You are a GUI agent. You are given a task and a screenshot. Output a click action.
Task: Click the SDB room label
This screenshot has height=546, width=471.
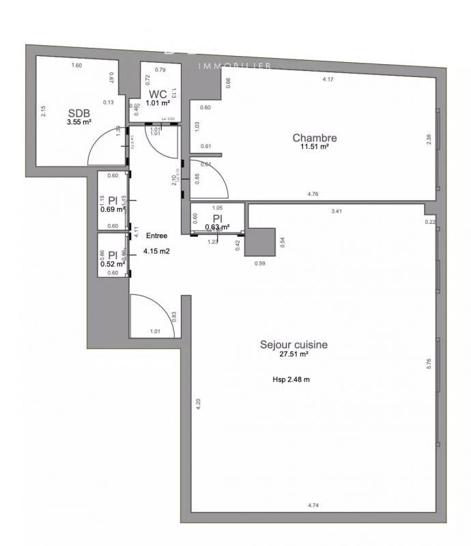pyautogui.click(x=78, y=113)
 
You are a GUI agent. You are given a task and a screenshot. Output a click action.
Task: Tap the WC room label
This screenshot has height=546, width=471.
pyautogui.click(x=158, y=94)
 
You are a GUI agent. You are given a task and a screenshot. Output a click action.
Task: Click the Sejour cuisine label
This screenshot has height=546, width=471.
pyautogui.click(x=294, y=345)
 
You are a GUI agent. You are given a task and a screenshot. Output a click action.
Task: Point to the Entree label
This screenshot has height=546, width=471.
pyautogui.click(x=156, y=235)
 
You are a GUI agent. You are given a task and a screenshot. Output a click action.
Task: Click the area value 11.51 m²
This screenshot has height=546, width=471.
pyautogui.click(x=315, y=147)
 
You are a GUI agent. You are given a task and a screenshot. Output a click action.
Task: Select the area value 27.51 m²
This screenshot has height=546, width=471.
pyautogui.click(x=294, y=355)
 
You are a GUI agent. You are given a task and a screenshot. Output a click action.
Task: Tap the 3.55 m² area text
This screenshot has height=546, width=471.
pyautogui.click(x=79, y=122)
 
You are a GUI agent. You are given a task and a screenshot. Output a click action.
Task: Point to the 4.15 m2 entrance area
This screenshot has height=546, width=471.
pyautogui.click(x=156, y=251)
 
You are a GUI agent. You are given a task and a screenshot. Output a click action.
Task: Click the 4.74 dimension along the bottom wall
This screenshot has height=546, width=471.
pyautogui.click(x=313, y=505)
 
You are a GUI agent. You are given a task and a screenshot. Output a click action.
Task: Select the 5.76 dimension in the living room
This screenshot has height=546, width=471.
pyautogui.click(x=429, y=364)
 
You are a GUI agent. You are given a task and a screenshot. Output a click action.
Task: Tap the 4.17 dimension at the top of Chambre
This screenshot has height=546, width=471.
pyautogui.click(x=328, y=80)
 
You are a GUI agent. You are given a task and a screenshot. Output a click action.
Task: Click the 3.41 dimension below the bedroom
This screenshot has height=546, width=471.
pyautogui.click(x=336, y=212)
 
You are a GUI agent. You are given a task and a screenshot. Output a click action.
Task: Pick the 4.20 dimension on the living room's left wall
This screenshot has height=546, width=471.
pyautogui.click(x=199, y=403)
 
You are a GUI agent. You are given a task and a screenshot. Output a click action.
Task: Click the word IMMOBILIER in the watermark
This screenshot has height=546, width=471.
pyautogui.click(x=235, y=66)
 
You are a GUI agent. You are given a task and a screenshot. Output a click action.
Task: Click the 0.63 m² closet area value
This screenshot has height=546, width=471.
pyautogui.click(x=217, y=227)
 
